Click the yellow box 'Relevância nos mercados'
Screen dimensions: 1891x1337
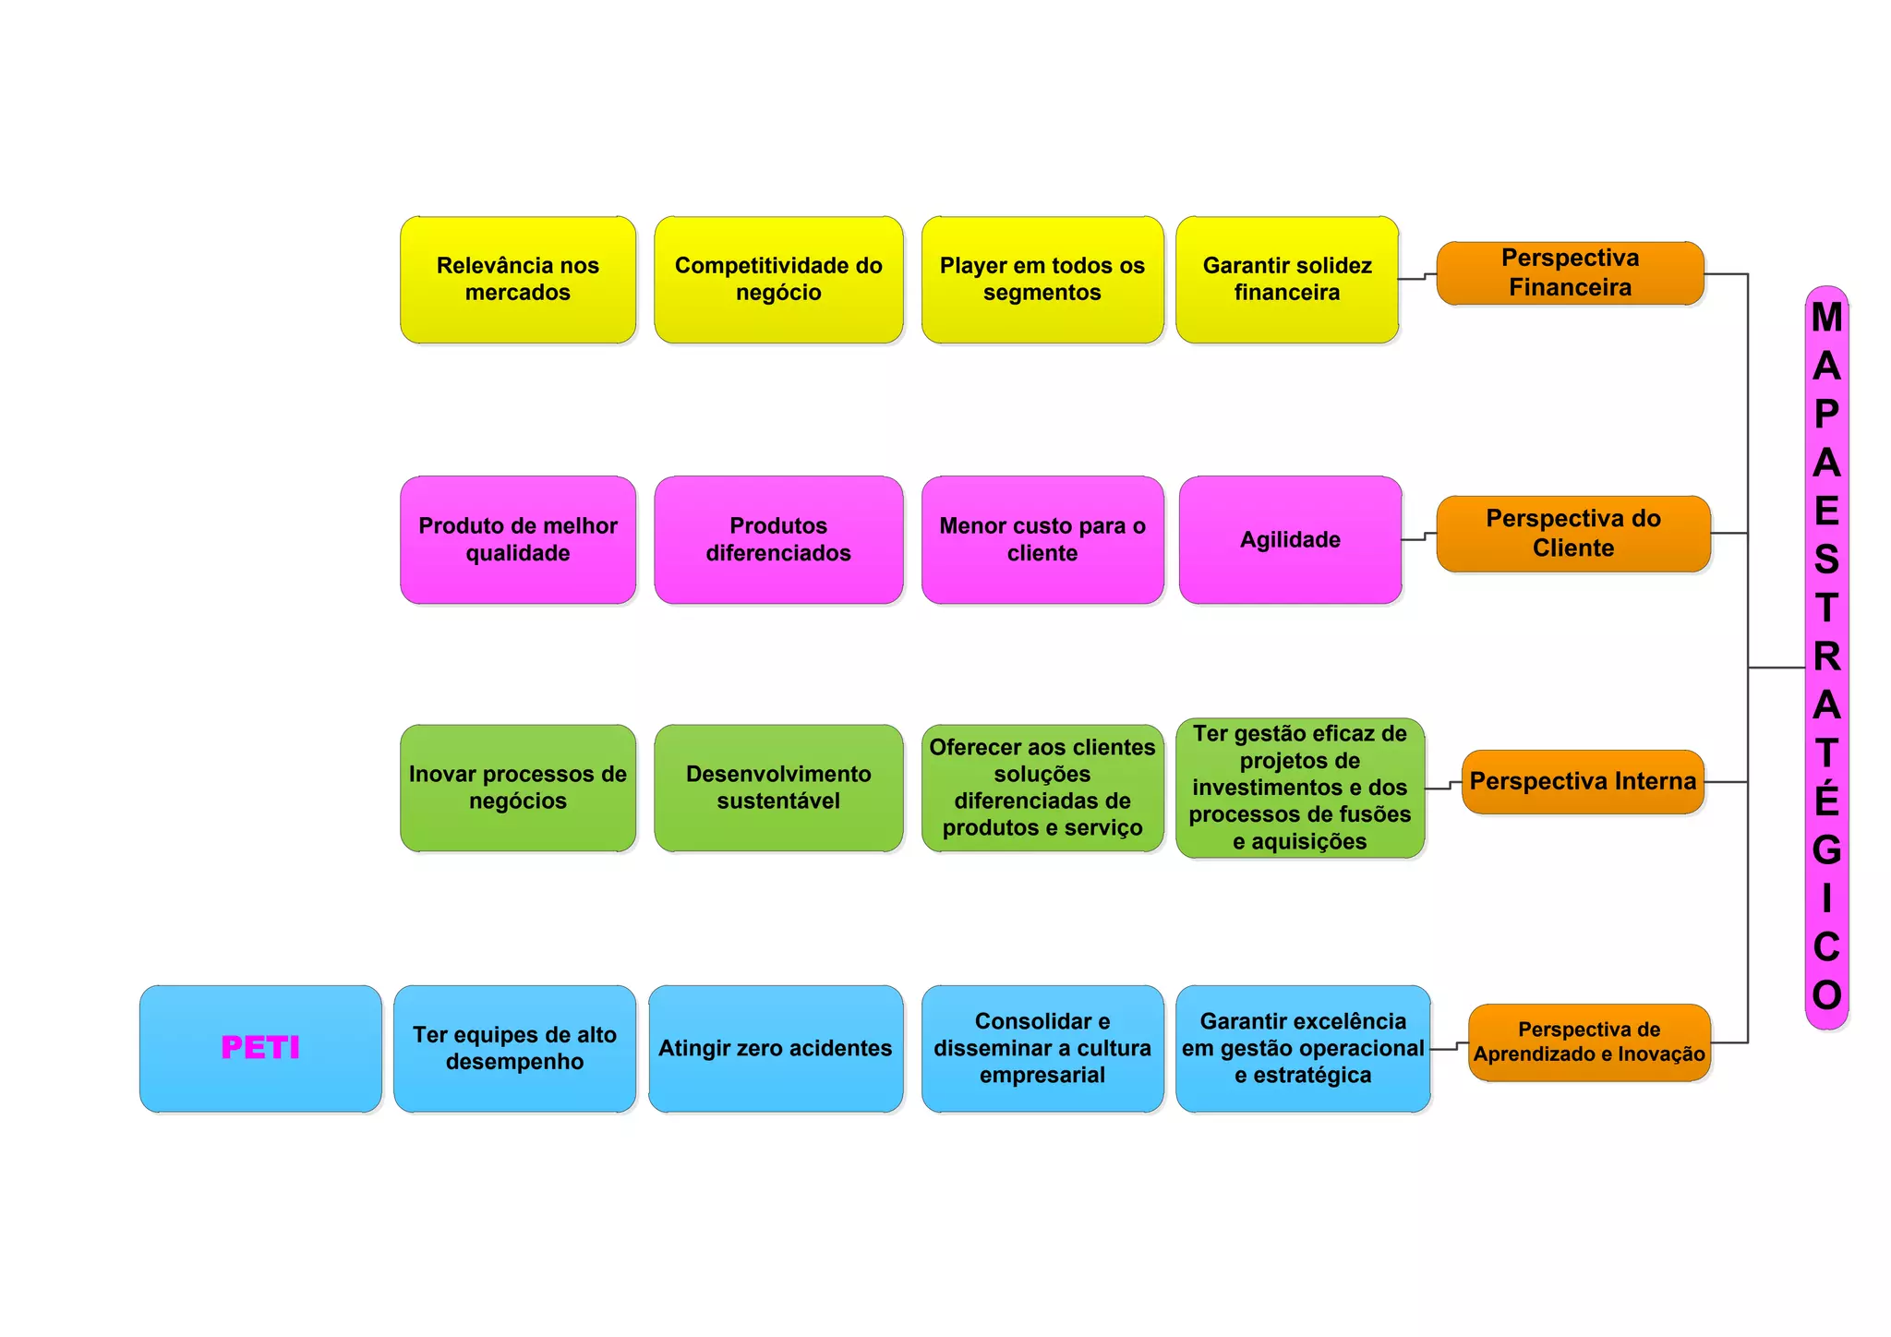click(518, 280)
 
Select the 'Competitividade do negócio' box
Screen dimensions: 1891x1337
click(778, 280)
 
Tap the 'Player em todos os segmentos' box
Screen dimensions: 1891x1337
click(1042, 280)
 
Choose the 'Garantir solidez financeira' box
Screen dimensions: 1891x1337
click(1287, 280)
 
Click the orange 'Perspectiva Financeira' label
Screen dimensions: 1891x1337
click(1570, 273)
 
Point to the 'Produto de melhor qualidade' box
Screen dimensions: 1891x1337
click(518, 540)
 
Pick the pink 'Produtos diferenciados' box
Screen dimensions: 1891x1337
click(778, 540)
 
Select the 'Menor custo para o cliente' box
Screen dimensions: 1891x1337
click(1042, 540)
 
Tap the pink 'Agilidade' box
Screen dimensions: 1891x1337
click(1290, 540)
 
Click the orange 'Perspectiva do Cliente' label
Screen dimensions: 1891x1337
click(1573, 534)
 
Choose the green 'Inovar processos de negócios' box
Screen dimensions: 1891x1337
click(518, 788)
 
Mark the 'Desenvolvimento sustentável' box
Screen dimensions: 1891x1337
click(778, 788)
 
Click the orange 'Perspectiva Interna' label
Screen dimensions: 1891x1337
click(1583, 782)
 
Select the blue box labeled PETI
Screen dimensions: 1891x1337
click(260, 1048)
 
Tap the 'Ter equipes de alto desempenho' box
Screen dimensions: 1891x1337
click(514, 1048)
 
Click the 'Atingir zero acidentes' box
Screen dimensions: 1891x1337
click(776, 1048)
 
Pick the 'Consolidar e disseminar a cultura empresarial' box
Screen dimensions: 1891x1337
click(1042, 1048)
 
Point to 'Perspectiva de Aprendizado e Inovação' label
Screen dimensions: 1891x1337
click(1589, 1042)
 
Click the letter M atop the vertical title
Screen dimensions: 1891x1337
click(1826, 318)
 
